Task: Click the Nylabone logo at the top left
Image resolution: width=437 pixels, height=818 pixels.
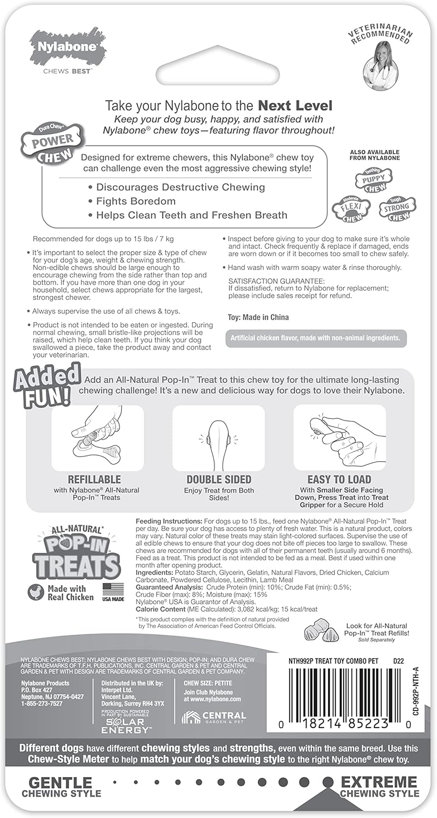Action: (x=64, y=46)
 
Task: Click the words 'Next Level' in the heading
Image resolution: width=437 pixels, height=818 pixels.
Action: (x=295, y=105)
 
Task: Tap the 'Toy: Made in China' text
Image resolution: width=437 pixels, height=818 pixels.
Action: (x=258, y=317)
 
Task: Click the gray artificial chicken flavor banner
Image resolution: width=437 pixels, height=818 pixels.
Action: (x=316, y=339)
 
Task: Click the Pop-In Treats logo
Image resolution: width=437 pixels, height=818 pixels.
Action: (x=76, y=554)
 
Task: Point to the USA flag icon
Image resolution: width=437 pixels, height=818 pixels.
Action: (x=113, y=590)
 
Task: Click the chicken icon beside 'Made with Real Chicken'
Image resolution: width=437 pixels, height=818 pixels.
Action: (x=36, y=592)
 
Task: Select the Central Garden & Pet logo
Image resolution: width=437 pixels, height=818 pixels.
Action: (x=214, y=717)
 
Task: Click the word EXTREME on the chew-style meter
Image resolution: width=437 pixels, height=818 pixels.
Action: (x=379, y=781)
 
